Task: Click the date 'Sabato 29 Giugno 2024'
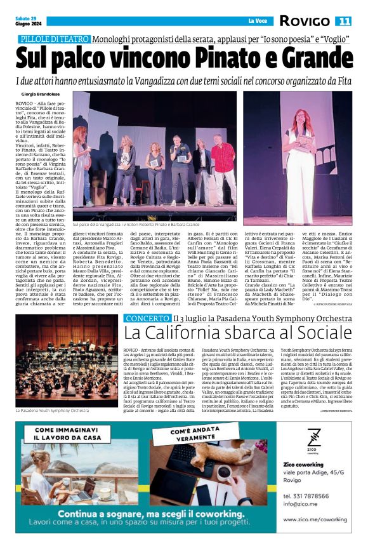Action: tap(26, 21)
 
